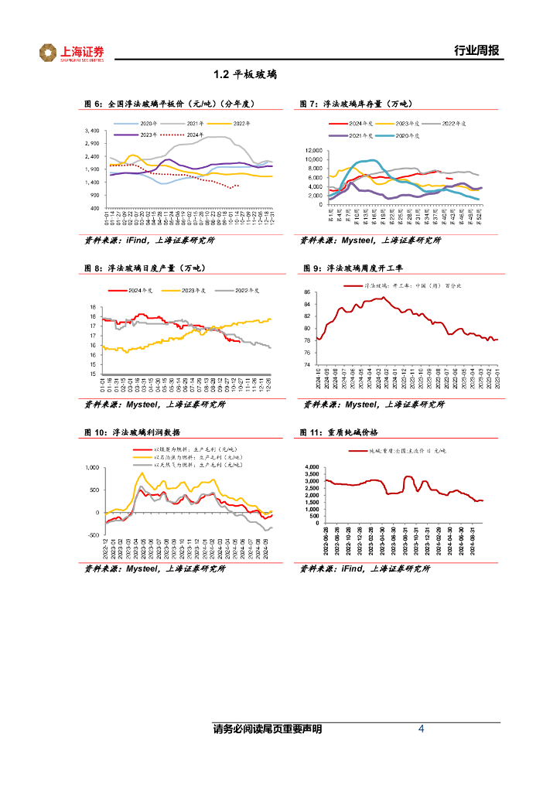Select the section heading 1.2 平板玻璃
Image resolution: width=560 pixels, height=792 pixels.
coord(245,75)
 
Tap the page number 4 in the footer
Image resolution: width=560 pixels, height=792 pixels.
coord(421,729)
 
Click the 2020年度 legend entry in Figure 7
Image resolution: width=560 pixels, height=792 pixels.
coord(403,135)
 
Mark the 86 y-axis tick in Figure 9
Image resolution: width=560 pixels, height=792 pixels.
coord(307,292)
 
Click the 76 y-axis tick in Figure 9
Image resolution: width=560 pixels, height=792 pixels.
coord(307,364)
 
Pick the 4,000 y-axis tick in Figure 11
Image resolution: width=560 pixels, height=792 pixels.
coord(312,468)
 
